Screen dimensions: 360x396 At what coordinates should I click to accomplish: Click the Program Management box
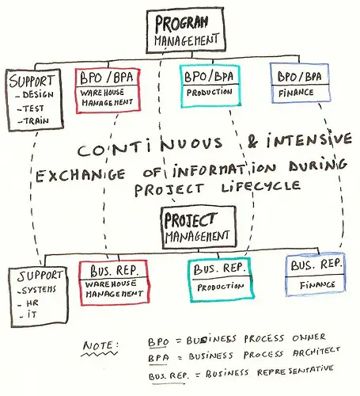pos(186,30)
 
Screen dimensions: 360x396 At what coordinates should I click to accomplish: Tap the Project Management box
pos(199,227)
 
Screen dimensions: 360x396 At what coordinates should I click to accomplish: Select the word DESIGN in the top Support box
pos(38,94)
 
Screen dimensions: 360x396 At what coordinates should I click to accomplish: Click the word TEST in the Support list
pos(34,109)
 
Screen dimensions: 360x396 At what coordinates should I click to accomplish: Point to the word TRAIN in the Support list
pos(36,121)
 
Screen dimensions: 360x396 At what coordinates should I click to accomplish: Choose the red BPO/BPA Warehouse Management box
pos(108,90)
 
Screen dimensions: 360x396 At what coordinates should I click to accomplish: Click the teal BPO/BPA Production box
pos(210,86)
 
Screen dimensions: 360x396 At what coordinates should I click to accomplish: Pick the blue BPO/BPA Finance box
pos(300,83)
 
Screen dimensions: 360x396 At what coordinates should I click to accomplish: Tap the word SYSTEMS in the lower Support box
pos(39,290)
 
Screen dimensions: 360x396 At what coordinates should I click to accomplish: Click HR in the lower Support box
pos(32,303)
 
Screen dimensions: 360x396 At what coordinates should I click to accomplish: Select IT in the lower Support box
pos(32,314)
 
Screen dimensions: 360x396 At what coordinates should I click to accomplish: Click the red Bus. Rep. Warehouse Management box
pos(114,283)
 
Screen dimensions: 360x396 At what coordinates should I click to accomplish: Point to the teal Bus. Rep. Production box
pos(221,280)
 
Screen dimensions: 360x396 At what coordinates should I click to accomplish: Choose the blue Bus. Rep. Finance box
pos(316,275)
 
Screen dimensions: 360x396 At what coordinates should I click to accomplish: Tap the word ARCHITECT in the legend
pos(316,352)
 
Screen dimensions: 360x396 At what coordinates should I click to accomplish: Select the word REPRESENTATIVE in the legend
pos(295,371)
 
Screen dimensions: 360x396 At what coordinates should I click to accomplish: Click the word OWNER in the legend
pos(309,337)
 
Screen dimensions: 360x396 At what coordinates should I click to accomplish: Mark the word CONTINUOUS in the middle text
pos(150,147)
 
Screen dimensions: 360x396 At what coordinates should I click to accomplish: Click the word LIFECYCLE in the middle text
pos(261,187)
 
